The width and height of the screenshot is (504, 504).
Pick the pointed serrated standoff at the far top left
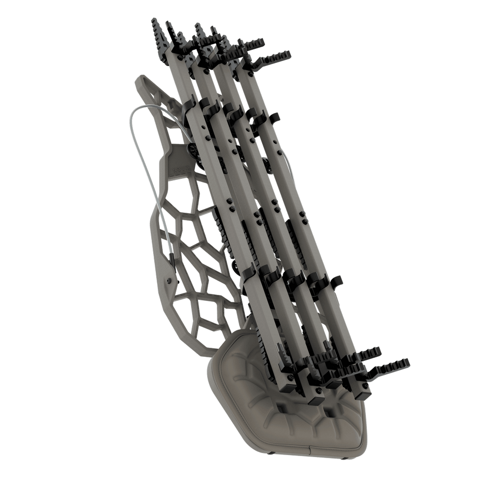pyautogui.click(x=157, y=30)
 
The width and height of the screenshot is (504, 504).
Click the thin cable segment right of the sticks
pyautogui.click(x=287, y=161)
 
